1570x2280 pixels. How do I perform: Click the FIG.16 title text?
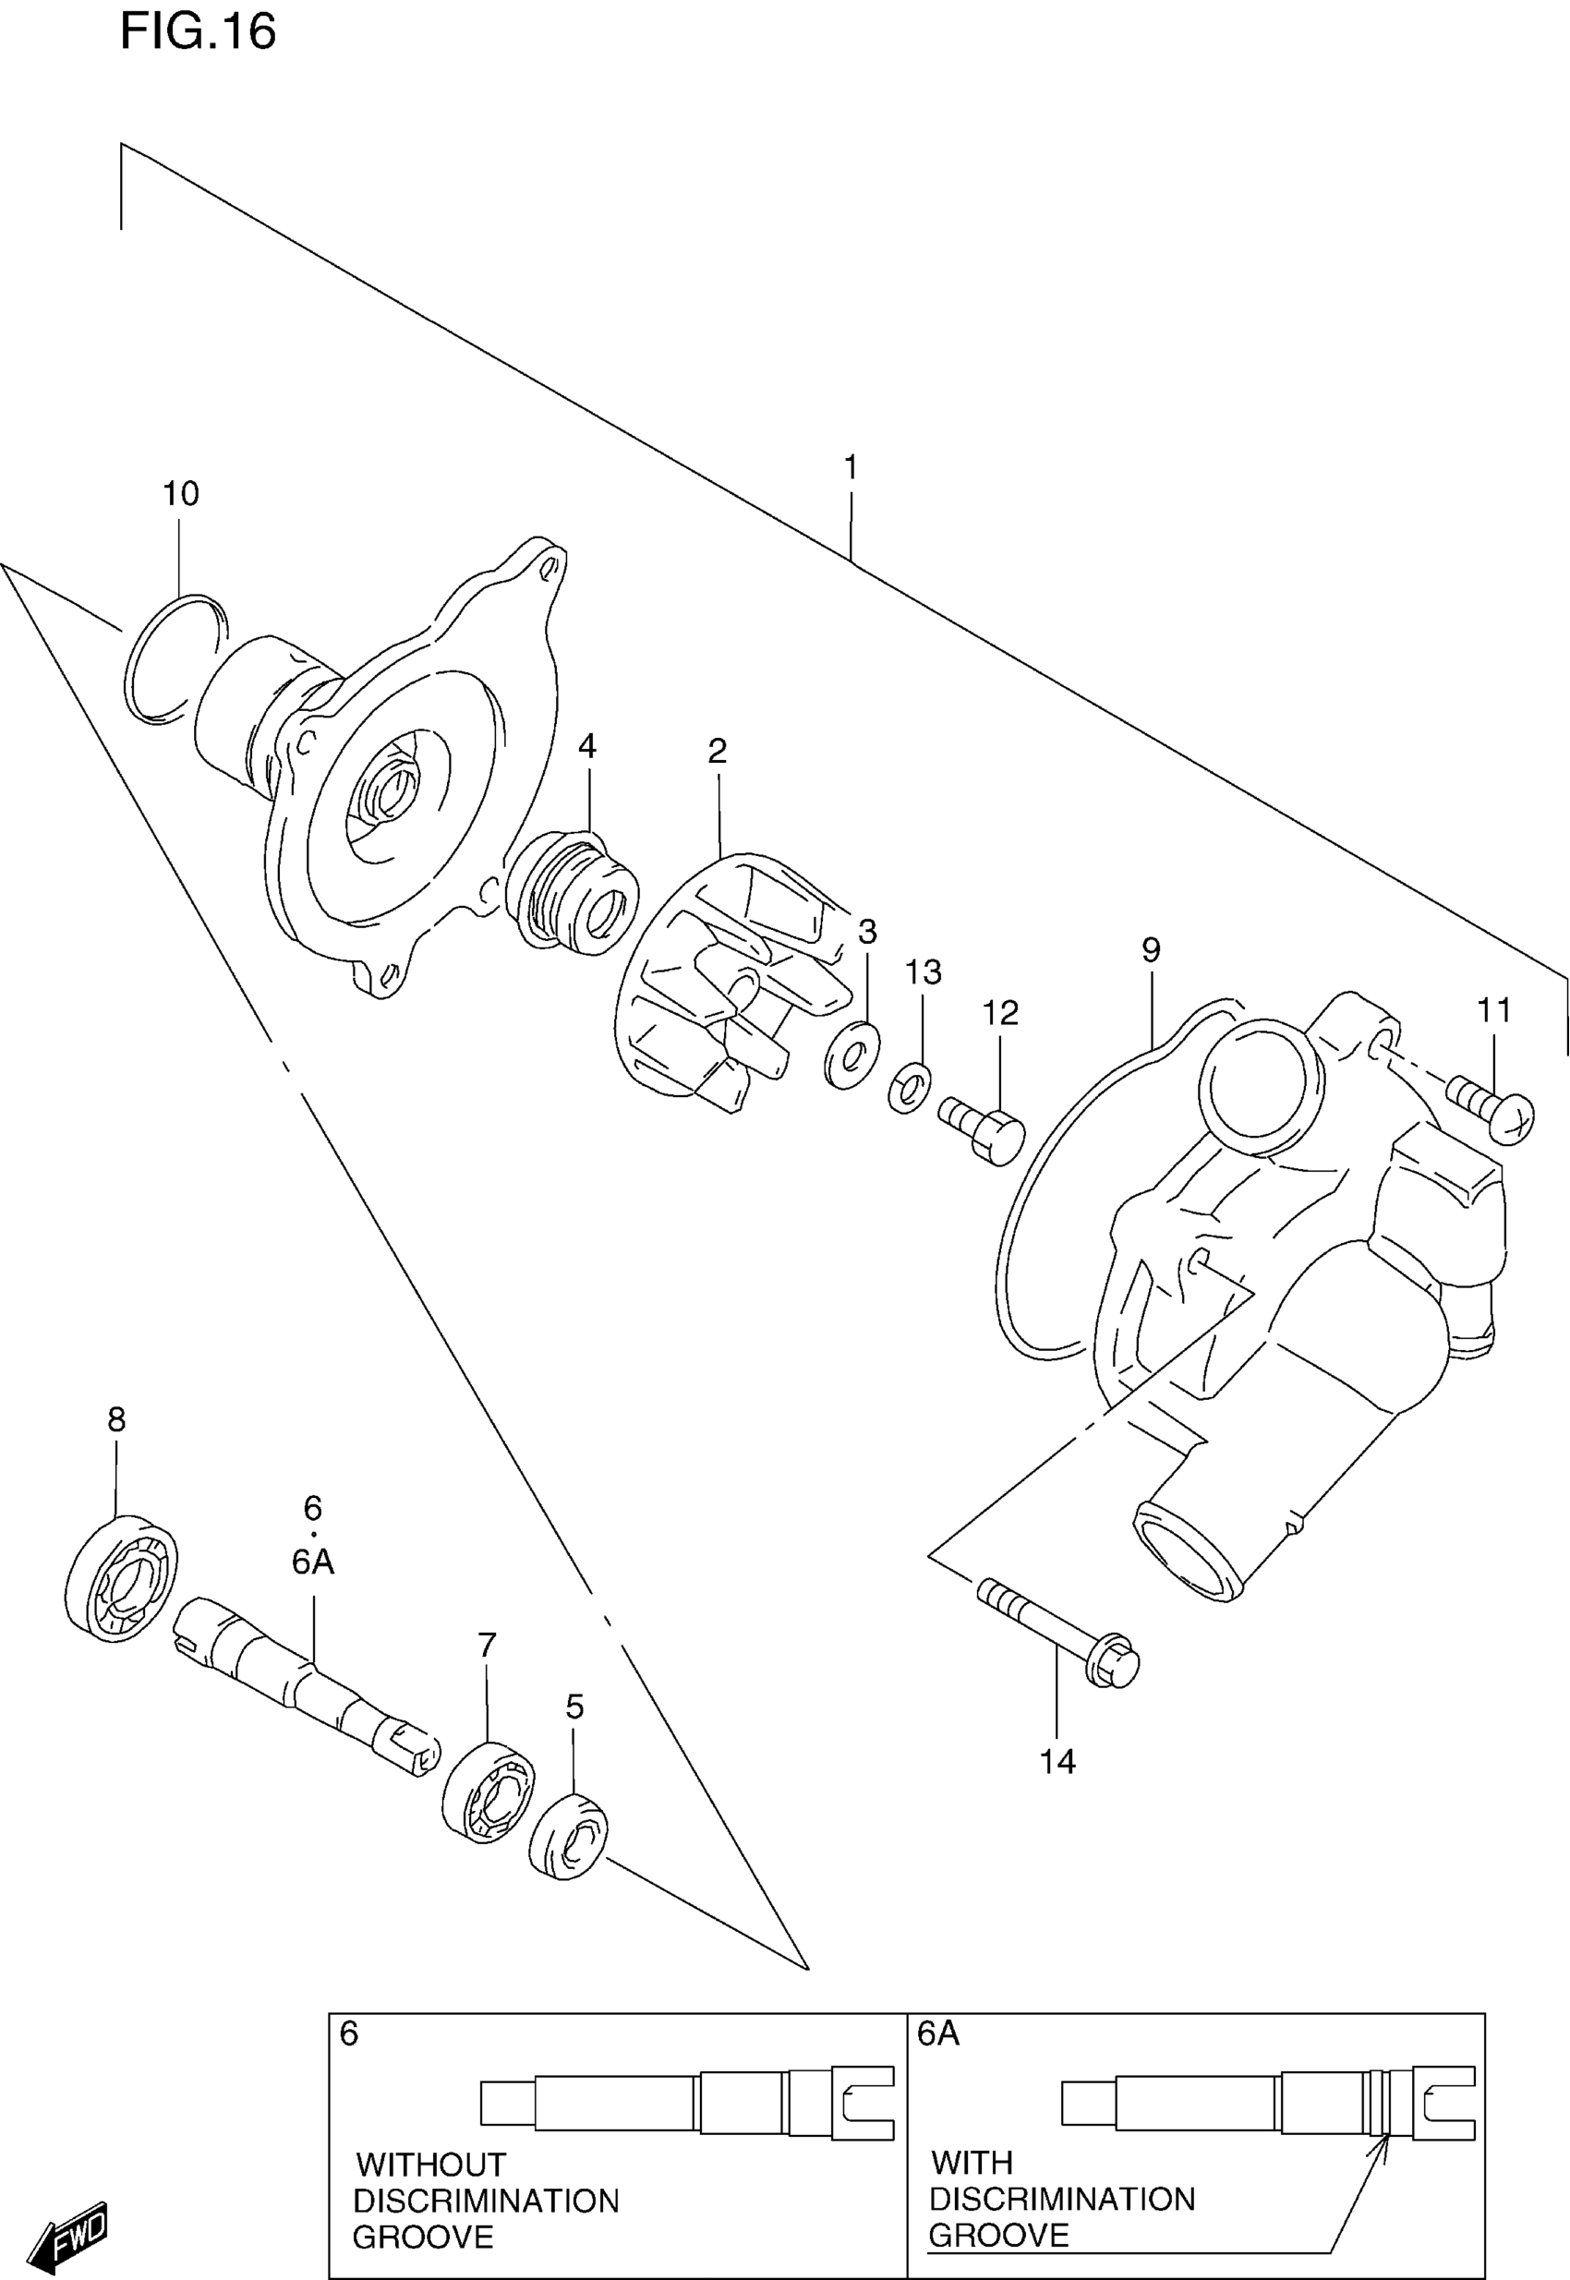(x=198, y=31)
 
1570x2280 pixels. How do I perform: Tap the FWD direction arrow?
(x=69, y=2235)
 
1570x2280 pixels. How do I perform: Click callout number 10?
(x=181, y=494)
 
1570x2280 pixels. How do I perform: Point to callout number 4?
(x=587, y=746)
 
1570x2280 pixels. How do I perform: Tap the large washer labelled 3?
(x=851, y=1055)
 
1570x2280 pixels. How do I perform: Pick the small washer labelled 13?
(x=910, y=1087)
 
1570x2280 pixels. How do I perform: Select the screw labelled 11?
(x=1491, y=1106)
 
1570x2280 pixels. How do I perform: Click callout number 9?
(x=1151, y=950)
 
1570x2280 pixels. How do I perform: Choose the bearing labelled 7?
(x=489, y=1791)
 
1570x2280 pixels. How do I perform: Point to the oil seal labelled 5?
(x=569, y=1837)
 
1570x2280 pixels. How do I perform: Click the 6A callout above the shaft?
(x=313, y=1562)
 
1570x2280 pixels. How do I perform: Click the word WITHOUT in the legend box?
(x=431, y=2165)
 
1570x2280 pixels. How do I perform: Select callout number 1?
(x=851, y=467)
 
